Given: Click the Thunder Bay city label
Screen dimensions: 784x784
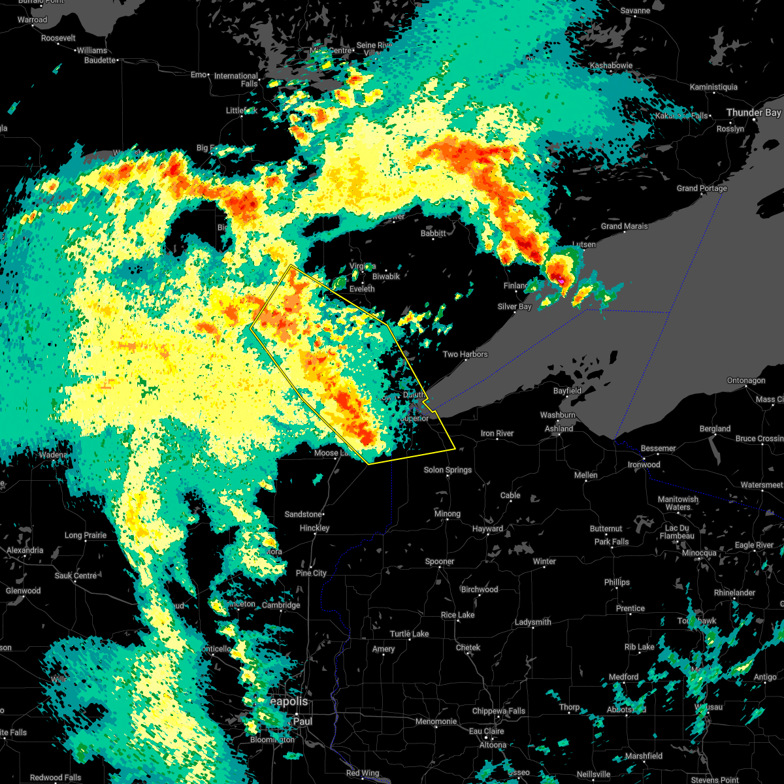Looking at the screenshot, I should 753,113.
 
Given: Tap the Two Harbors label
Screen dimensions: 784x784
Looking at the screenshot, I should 465,355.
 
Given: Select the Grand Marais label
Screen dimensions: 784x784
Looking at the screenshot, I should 624,227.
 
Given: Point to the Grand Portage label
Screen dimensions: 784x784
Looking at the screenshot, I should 701,189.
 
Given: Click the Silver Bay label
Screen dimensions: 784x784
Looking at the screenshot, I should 514,307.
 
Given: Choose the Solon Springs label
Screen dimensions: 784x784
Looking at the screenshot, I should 448,470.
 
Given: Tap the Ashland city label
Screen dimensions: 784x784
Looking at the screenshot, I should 559,429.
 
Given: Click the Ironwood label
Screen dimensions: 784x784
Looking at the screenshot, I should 644,465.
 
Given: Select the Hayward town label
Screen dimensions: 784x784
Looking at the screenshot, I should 487,529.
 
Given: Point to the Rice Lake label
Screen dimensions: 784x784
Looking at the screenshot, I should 457,615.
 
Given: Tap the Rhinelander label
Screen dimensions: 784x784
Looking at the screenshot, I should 734,593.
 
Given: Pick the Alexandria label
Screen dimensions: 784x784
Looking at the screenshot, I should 24,551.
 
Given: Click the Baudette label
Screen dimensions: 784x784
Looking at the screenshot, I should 100,61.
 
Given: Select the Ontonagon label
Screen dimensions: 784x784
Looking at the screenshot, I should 745,381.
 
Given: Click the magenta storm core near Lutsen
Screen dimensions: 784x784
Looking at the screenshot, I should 561,281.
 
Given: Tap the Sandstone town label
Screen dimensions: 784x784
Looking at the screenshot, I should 303,515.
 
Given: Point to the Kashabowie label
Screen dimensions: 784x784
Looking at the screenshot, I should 611,66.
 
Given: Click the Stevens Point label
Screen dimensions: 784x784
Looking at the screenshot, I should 716,780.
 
